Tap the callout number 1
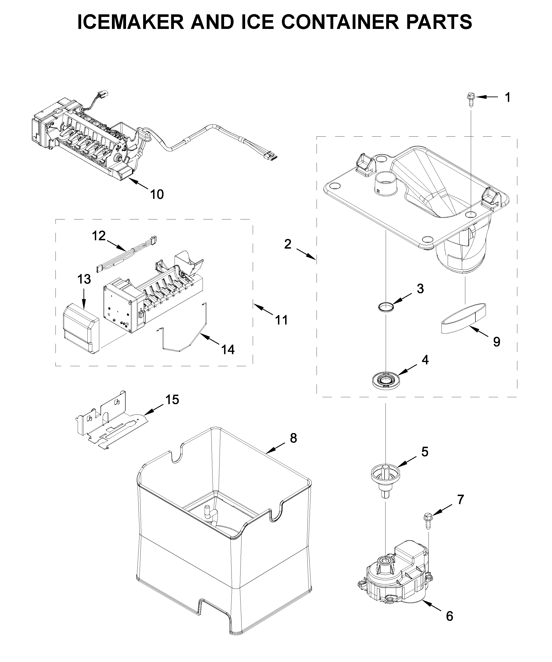[508, 98]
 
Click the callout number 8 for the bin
[293, 438]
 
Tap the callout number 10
[157, 194]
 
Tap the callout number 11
[281, 320]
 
